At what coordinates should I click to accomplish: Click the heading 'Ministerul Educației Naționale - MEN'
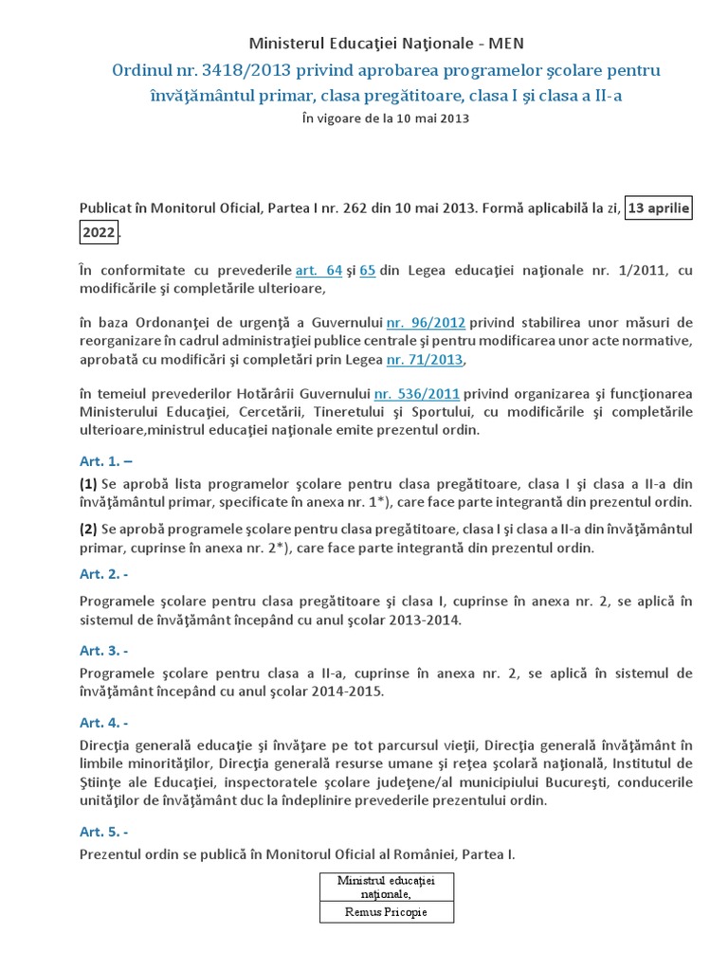[x=385, y=43]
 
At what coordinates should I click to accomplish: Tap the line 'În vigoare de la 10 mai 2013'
[x=385, y=118]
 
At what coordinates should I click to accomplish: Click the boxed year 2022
[x=98, y=232]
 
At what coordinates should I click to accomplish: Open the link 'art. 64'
[x=318, y=270]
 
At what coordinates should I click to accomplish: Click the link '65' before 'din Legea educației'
[x=368, y=270]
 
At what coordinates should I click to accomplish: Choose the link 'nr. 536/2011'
[x=417, y=393]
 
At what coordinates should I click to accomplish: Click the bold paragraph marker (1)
[x=88, y=483]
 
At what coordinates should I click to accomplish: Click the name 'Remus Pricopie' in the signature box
[x=385, y=912]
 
